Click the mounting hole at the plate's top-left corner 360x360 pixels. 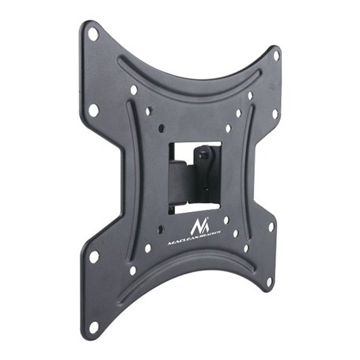93,33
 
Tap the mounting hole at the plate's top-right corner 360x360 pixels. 276,56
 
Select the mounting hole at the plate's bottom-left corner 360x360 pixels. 94,324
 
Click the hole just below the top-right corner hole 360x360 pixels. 275,113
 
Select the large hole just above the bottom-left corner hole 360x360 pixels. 94,256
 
